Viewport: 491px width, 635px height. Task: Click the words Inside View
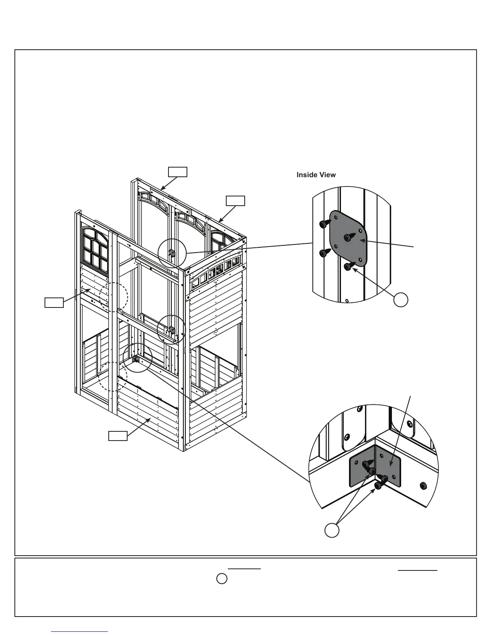point(316,175)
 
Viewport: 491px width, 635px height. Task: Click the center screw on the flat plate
point(348,237)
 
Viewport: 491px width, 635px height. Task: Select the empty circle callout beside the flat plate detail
point(401,299)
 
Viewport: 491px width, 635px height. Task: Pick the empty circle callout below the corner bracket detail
point(332,530)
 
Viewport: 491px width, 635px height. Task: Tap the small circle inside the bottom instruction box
point(222,579)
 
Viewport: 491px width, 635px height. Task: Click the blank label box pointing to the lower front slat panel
point(118,436)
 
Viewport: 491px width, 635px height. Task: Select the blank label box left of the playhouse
point(54,302)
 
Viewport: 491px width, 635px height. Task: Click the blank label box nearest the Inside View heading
point(235,201)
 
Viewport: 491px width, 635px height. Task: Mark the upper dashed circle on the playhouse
point(114,297)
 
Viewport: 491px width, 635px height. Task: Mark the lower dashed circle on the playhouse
point(113,376)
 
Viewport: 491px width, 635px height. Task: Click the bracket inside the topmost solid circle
point(172,253)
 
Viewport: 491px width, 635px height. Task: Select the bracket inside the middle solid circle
point(171,330)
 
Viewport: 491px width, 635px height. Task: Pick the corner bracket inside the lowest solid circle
point(135,359)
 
